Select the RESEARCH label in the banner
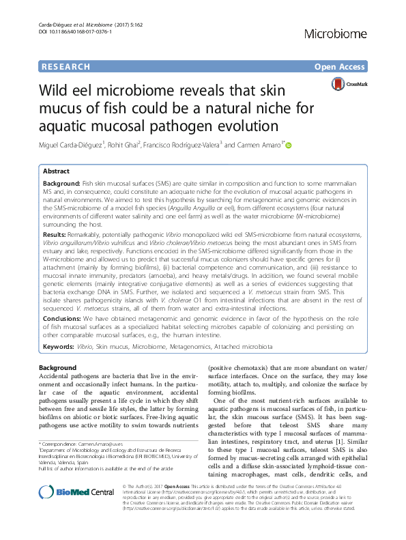66,67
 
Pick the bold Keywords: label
59,347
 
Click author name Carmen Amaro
259,145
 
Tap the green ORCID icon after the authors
288,145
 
